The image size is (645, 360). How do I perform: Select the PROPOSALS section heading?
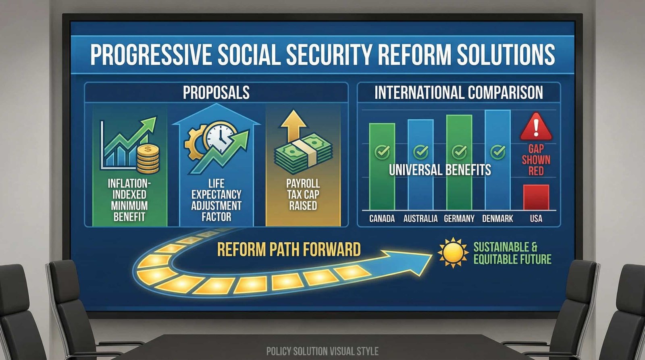point(216,92)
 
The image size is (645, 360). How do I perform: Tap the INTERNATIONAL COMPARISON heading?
point(458,92)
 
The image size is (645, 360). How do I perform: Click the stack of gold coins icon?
point(148,159)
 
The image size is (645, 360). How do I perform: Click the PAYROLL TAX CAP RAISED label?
point(303,194)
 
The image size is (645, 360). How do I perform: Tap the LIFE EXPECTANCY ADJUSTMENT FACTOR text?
point(216,200)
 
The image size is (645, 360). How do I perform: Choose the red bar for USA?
point(536,197)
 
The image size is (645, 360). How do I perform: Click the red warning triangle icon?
point(536,127)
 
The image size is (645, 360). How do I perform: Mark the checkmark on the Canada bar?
point(382,152)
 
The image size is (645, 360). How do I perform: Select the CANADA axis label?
point(382,219)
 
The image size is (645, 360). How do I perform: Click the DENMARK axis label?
point(497,219)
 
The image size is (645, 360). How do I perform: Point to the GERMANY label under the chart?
point(459,219)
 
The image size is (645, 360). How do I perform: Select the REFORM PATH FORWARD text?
point(289,250)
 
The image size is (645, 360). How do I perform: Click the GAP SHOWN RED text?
point(536,160)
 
